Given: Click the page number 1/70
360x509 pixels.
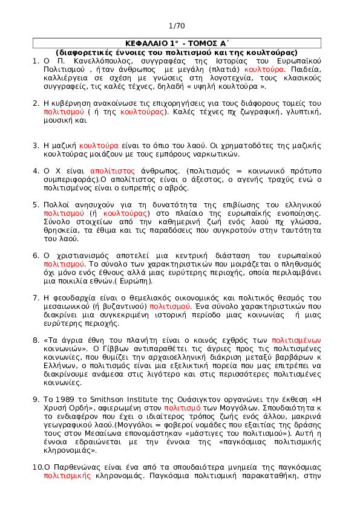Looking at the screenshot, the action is click(177, 26).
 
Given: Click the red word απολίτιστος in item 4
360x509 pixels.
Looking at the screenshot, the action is click(113, 171).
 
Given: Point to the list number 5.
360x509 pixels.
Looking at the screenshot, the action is click(36, 205).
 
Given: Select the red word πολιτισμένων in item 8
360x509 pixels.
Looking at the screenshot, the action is click(296, 340).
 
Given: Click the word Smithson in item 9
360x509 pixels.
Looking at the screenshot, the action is click(107, 400).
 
